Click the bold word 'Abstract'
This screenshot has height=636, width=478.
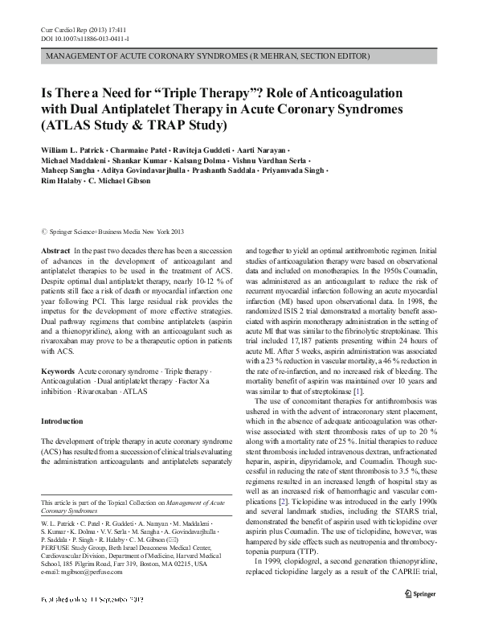(55, 252)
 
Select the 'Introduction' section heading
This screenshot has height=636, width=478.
(61, 421)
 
